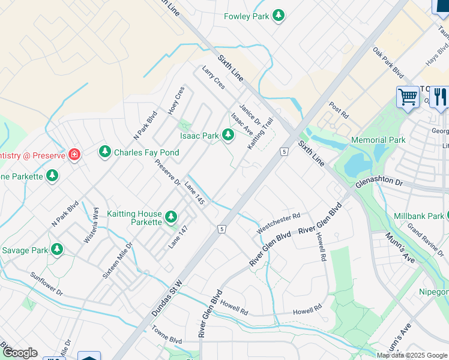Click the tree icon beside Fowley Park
pos(278,16)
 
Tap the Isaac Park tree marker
pos(228,136)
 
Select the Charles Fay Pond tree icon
pos(105,152)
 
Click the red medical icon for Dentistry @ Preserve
pos(74,155)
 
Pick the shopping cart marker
pos(408,97)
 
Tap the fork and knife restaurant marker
pos(440,97)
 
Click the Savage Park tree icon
pos(57,249)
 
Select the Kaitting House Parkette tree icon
pos(171,217)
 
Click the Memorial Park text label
pos(379,140)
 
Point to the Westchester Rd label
pos(277,223)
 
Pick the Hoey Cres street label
pos(179,98)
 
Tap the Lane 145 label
pos(194,193)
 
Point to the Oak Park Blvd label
pos(388,62)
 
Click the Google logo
pos(19,352)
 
